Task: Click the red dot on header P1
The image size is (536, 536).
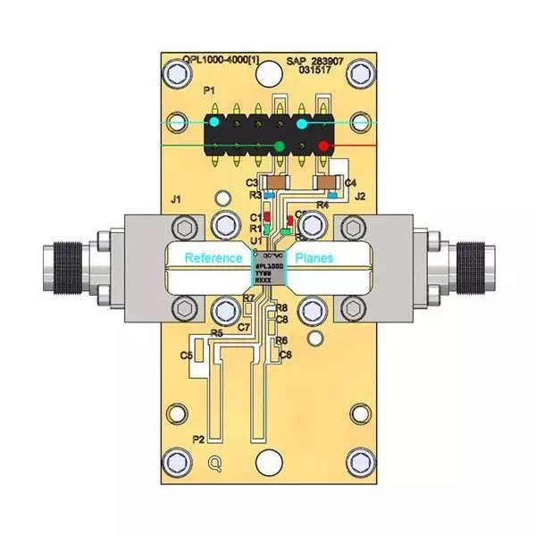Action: (323, 146)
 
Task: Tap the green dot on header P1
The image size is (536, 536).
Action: (280, 146)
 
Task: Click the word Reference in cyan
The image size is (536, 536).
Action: (214, 258)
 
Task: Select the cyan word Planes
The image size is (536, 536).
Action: (314, 258)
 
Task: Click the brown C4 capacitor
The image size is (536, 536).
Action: (327, 182)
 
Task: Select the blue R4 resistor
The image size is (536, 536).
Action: (332, 193)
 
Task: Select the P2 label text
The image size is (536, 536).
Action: (199, 440)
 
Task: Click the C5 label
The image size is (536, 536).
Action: (187, 356)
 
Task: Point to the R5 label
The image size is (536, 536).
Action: (216, 333)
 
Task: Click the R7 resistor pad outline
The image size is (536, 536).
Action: (248, 309)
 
